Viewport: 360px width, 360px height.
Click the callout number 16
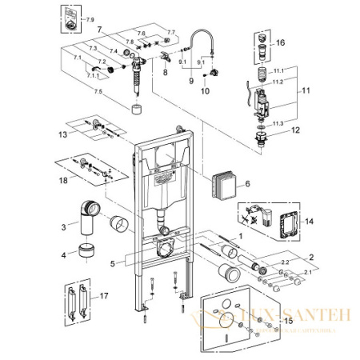point(280,42)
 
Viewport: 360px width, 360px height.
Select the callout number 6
point(247,184)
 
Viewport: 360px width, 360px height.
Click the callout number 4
point(53,256)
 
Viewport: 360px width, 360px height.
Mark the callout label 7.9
point(90,18)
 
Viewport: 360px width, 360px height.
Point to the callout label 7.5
point(97,92)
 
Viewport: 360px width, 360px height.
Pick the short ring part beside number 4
point(86,254)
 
